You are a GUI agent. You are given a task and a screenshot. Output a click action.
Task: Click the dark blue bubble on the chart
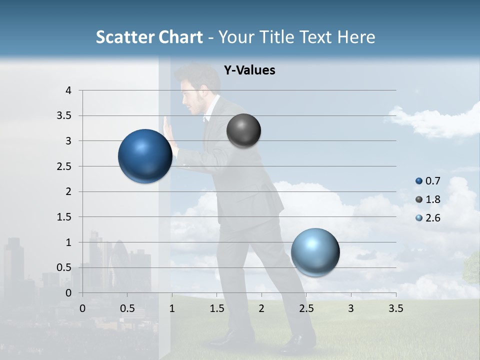click(x=145, y=156)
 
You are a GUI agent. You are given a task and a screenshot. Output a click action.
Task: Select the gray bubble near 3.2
click(x=243, y=130)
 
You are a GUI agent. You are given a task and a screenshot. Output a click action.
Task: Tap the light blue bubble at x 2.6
click(x=315, y=252)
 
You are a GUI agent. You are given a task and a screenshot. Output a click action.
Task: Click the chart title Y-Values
click(x=249, y=70)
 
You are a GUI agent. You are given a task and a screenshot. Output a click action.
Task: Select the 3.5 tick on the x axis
click(x=395, y=308)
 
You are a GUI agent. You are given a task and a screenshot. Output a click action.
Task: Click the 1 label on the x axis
click(x=172, y=308)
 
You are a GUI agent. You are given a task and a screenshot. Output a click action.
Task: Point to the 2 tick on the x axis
click(x=261, y=308)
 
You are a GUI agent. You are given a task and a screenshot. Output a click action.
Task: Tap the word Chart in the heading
click(x=180, y=37)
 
